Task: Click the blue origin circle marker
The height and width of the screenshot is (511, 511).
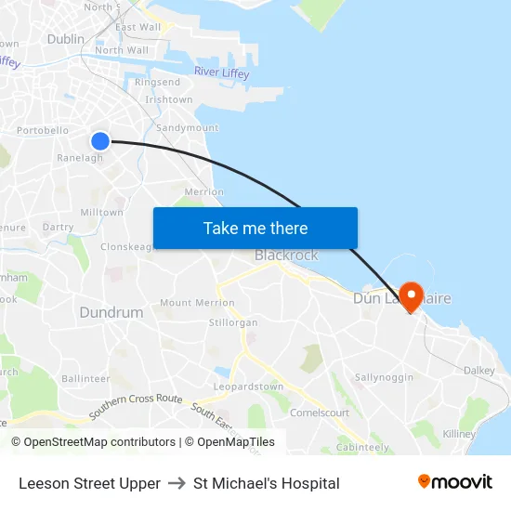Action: (x=100, y=141)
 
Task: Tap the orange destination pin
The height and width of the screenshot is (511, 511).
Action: (x=410, y=295)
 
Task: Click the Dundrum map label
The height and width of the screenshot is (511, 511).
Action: (x=111, y=312)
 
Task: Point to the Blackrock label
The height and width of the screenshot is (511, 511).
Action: (x=286, y=255)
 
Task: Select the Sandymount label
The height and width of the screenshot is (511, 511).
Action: (x=188, y=127)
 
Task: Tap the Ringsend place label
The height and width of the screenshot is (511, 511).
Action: (x=158, y=83)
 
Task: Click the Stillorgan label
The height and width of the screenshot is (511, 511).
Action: (x=233, y=322)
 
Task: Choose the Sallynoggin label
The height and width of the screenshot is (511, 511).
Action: (x=384, y=377)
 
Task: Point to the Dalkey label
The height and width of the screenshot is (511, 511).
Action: (x=479, y=370)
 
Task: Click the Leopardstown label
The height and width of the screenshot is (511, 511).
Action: (x=248, y=387)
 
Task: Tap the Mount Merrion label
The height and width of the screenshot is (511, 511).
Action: (x=197, y=303)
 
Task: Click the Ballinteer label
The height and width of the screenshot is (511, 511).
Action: (x=85, y=379)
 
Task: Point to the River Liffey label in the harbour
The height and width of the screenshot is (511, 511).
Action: (x=222, y=73)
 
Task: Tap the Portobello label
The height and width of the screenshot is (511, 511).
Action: (x=43, y=131)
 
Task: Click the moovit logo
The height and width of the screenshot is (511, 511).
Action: (x=455, y=482)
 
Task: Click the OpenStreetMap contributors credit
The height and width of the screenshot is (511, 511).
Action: (x=93, y=442)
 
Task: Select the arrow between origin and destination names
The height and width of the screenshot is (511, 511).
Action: (x=177, y=483)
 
